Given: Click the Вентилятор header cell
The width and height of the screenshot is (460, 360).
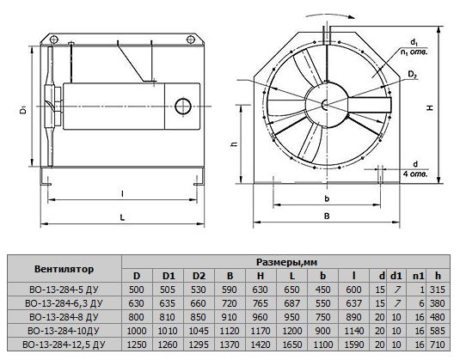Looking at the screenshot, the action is [64, 269].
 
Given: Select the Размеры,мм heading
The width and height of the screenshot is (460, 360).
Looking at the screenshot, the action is [286, 262].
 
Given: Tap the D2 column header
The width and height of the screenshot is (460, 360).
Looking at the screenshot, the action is [199, 276].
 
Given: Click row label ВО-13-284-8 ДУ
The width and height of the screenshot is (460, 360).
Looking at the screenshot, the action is [64, 317].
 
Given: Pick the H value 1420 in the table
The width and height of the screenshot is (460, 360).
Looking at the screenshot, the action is [261, 345].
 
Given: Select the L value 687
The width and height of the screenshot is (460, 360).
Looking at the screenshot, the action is [291, 303].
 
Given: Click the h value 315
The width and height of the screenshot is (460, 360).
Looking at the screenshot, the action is [438, 290].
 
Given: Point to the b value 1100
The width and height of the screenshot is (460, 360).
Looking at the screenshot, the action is [323, 345].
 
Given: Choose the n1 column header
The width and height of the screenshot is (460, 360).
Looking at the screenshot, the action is [419, 276].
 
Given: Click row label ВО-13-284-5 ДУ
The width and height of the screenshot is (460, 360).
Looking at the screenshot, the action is [64, 290].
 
